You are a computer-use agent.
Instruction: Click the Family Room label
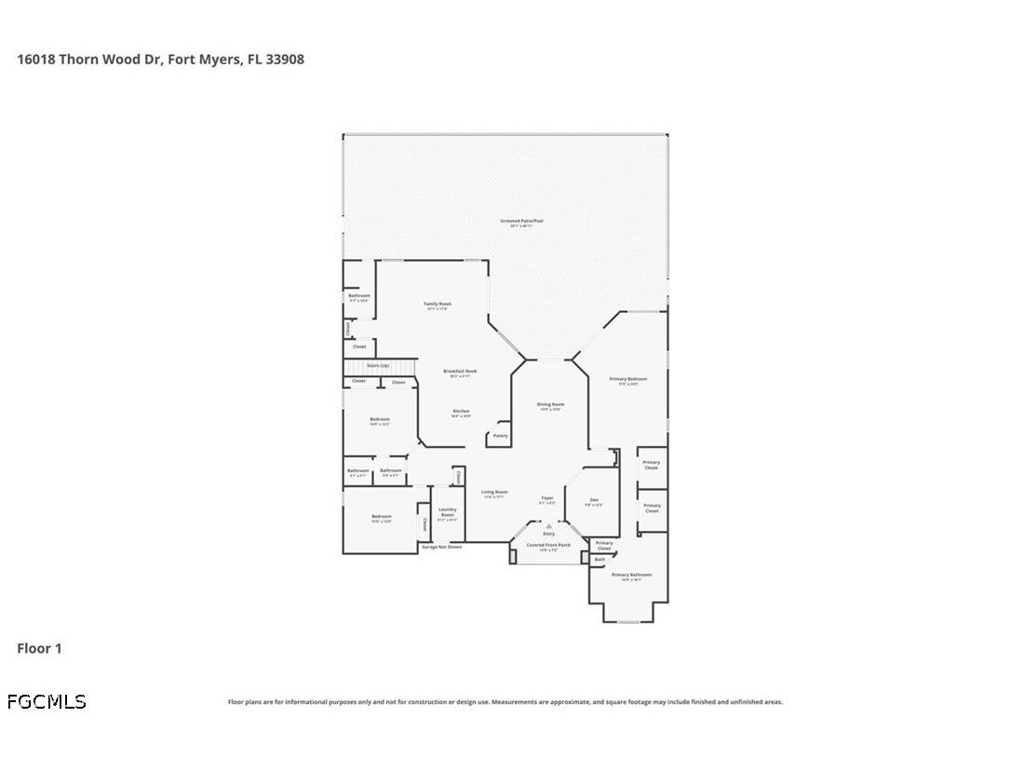tap(438, 305)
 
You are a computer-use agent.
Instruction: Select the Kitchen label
tap(461, 411)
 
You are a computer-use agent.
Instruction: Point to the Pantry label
tap(501, 435)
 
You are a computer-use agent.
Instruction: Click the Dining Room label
tap(550, 404)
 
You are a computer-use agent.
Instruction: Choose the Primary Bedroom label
tap(627, 379)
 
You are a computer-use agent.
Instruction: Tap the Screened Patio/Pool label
tap(520, 222)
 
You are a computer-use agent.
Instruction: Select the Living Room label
tap(493, 492)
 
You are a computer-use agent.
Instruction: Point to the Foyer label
tap(547, 498)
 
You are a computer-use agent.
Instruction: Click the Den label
tap(594, 500)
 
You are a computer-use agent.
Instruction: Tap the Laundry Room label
tap(447, 511)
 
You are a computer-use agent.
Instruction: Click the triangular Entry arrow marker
tap(548, 526)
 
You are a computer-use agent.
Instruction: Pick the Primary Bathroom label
tap(631, 575)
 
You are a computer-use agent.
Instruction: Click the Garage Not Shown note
tap(441, 547)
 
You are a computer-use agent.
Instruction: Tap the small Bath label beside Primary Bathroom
tap(600, 560)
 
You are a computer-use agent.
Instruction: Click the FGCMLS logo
tap(47, 701)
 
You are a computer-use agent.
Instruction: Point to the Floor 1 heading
tap(39, 648)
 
